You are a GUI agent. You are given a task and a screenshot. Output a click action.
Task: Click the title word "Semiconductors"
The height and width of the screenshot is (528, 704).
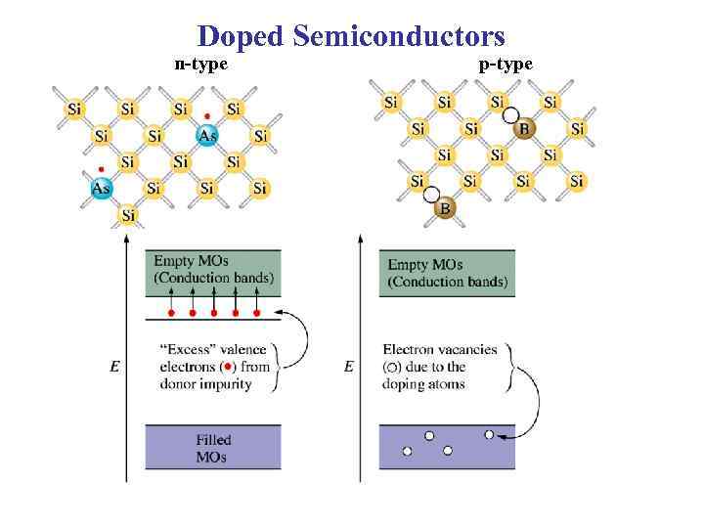pos(398,36)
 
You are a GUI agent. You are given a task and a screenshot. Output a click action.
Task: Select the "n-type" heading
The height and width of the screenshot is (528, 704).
pos(200,65)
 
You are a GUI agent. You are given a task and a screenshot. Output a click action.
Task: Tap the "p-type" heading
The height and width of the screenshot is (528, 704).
pos(506,65)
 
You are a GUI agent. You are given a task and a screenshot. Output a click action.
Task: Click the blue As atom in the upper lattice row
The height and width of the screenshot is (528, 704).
pos(207,136)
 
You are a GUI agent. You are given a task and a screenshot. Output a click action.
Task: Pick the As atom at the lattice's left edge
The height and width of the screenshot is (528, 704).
pos(102,188)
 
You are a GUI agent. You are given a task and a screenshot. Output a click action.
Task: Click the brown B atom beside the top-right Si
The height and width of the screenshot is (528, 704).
pos(524,128)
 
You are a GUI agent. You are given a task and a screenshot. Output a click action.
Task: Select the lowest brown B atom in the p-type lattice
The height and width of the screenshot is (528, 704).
pos(445,208)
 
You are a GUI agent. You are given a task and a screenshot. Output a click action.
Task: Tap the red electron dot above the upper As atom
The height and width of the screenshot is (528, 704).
pos(206,115)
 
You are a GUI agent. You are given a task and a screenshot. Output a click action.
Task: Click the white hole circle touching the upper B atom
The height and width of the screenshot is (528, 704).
pos(510,115)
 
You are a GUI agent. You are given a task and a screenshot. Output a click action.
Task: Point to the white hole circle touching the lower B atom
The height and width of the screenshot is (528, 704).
pos(431,195)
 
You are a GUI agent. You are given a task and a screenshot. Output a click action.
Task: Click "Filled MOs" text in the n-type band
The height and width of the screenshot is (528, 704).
pos(212,448)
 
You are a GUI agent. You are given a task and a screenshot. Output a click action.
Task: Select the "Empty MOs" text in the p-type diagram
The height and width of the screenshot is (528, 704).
pos(425,264)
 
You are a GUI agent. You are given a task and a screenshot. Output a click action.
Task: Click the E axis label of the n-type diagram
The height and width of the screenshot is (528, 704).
pos(115,367)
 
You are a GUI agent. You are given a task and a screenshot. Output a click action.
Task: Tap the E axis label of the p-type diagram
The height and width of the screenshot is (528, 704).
pos(349,367)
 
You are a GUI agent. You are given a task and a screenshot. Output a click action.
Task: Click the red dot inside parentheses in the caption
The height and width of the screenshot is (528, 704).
pos(228,367)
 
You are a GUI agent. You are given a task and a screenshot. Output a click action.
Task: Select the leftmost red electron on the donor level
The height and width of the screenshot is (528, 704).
pos(172,313)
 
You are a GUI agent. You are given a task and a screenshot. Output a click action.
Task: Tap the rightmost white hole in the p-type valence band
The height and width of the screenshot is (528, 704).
pos(489,434)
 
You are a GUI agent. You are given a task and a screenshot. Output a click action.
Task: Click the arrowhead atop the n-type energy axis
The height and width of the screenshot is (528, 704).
pos(126,237)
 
